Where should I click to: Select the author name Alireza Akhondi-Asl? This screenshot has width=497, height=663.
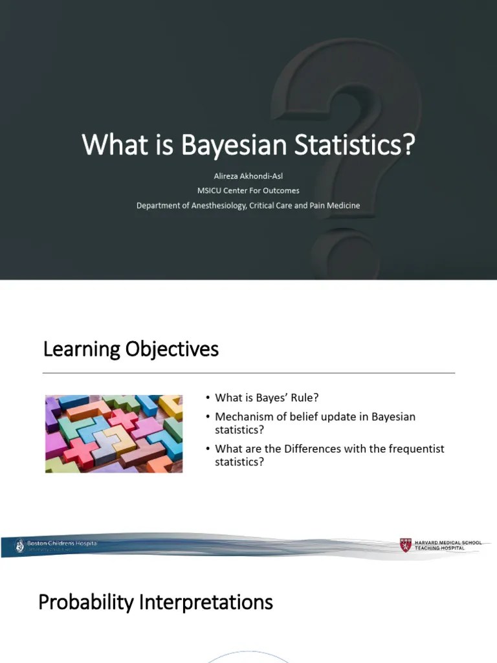click(x=248, y=175)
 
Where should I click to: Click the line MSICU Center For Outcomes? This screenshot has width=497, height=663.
click(x=248, y=190)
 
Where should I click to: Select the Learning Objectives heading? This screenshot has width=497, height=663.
click(x=131, y=350)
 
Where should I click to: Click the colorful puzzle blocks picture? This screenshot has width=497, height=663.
click(x=114, y=434)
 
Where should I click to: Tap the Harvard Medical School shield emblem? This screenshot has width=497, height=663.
click(x=405, y=545)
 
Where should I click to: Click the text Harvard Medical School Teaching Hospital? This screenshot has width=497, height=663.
click(x=448, y=545)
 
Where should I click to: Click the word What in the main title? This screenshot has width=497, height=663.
click(x=107, y=145)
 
